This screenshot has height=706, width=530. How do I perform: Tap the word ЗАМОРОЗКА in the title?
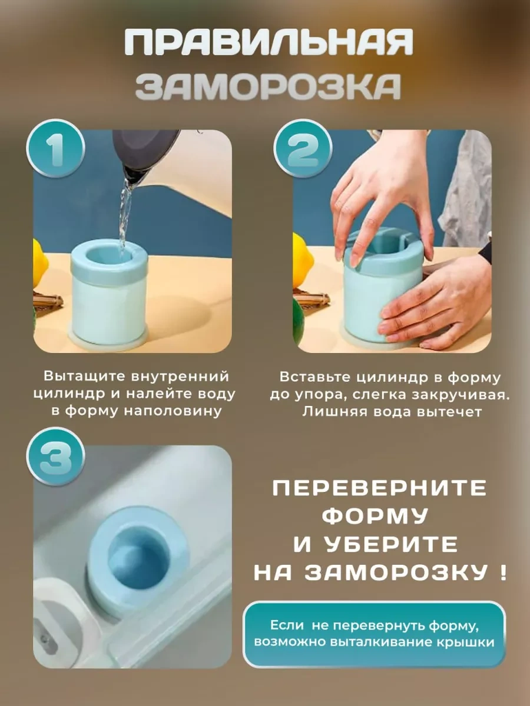point(269,87)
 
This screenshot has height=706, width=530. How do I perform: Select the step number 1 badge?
point(56,149)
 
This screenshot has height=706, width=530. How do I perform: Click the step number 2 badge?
point(303,149)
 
